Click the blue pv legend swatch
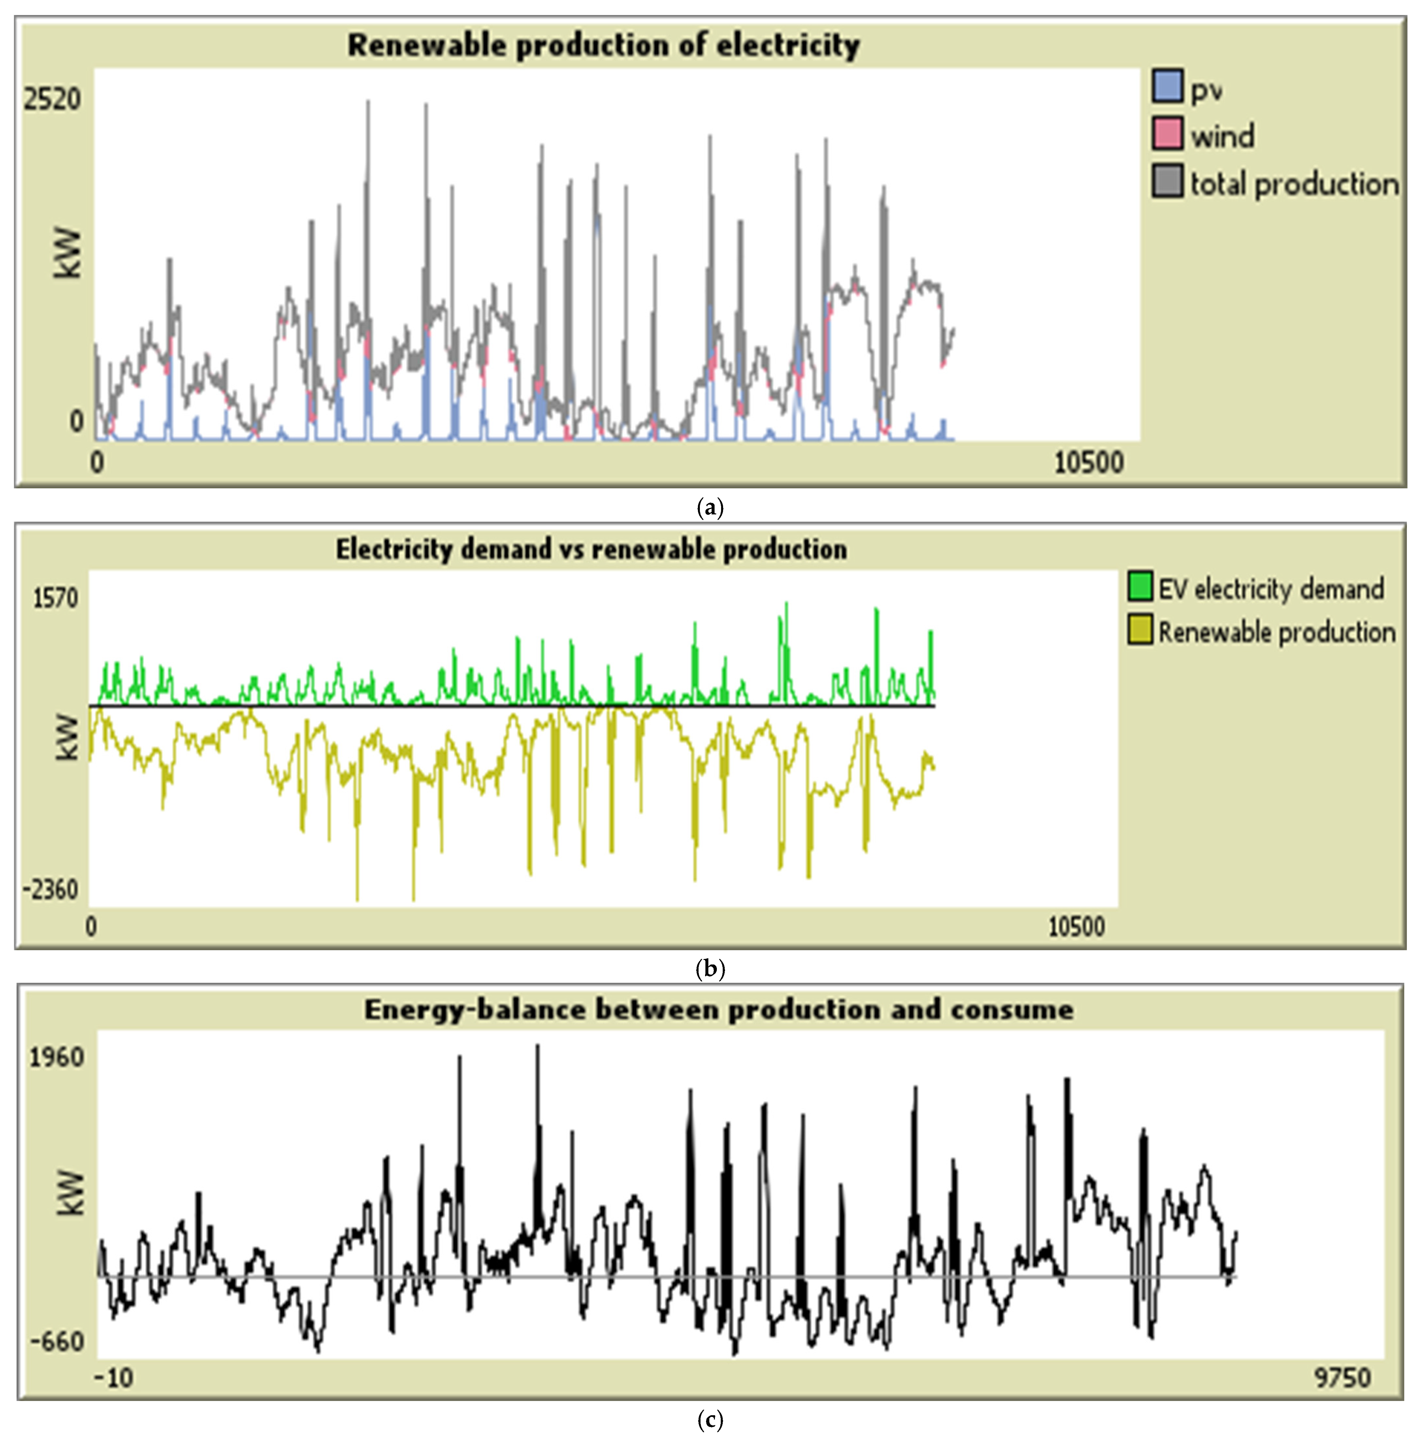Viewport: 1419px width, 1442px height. (x=1167, y=86)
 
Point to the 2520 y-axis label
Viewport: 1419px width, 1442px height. (x=52, y=99)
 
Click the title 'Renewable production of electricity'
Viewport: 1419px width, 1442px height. (x=604, y=45)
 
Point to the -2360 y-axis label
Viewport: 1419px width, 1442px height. (x=51, y=889)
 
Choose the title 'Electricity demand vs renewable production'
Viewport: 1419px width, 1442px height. (x=591, y=550)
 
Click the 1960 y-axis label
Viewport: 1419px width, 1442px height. (x=56, y=1058)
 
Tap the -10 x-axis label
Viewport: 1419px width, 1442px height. (x=114, y=1378)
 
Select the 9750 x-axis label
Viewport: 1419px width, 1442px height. (x=1342, y=1378)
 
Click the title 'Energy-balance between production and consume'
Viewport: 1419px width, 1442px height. (x=718, y=1010)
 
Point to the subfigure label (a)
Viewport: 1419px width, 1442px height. (x=709, y=508)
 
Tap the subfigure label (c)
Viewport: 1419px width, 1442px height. (x=709, y=1420)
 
